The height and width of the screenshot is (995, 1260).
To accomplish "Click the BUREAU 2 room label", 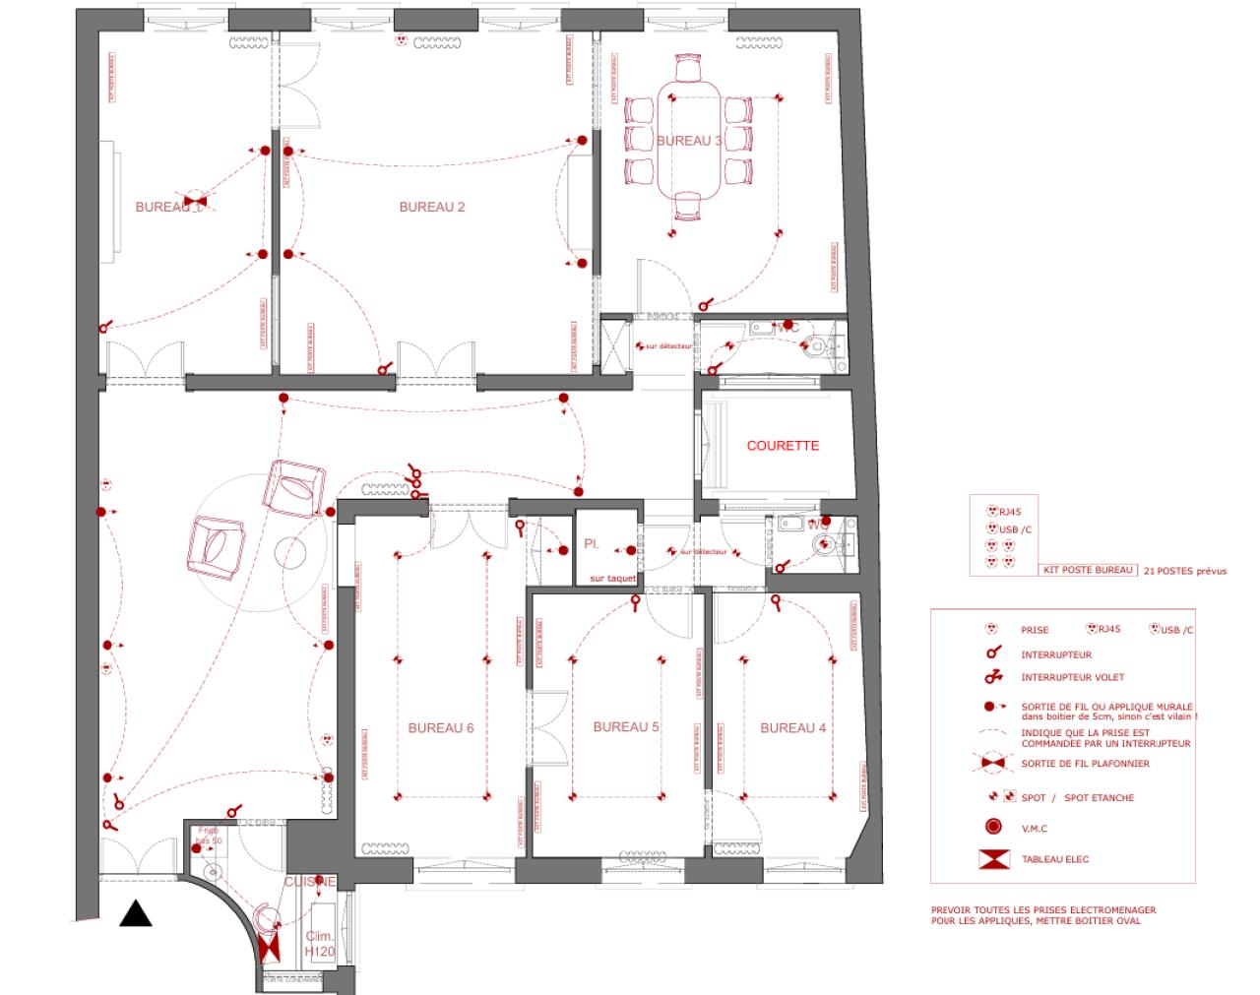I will click(x=431, y=207).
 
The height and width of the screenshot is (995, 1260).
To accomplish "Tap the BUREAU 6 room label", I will click(x=441, y=728).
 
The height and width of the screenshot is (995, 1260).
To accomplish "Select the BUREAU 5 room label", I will click(x=626, y=727).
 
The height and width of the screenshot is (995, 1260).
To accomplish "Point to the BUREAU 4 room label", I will click(x=792, y=728).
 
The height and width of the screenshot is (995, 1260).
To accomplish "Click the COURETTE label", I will click(x=783, y=446).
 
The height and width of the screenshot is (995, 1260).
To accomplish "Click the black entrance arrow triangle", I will click(x=136, y=914).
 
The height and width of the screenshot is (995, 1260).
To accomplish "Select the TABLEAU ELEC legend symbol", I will click(x=994, y=859).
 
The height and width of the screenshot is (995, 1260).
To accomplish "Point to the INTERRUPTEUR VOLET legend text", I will click(x=1072, y=677).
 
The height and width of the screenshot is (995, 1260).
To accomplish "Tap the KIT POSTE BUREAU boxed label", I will click(x=1089, y=570).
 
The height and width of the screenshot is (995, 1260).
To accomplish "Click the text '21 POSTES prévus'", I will click(x=1185, y=571).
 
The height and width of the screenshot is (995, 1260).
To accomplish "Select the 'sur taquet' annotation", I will click(x=612, y=579).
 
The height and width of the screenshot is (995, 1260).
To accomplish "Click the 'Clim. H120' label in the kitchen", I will click(x=319, y=944).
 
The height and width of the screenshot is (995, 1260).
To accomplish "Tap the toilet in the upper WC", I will click(x=819, y=345).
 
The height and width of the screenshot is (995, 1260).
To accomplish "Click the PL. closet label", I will click(x=592, y=543).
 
